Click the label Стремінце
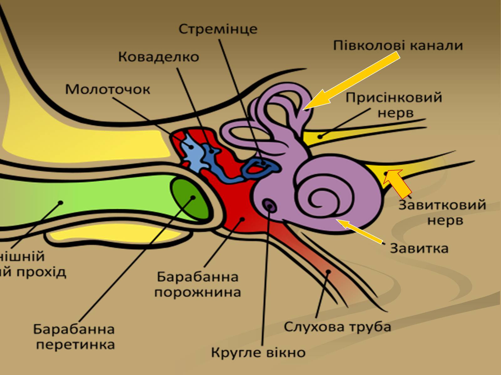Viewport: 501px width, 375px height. pyautogui.click(x=218, y=29)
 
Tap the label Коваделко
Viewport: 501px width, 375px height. pyautogui.click(x=158, y=57)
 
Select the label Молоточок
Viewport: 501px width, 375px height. pyautogui.click(x=108, y=90)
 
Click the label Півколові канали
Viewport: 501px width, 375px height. pyautogui.click(x=398, y=46)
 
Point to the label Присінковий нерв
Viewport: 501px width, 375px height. pyautogui.click(x=394, y=105)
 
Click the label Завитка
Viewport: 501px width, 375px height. pyautogui.click(x=419, y=249)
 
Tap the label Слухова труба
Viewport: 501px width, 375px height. pyautogui.click(x=338, y=327)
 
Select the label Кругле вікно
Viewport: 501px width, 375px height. pyautogui.click(x=258, y=352)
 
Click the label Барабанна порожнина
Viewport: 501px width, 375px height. pyautogui.click(x=198, y=285)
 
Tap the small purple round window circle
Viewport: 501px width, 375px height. pyautogui.click(x=269, y=205)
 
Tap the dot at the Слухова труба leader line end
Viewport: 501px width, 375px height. pyautogui.click(x=328, y=272)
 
